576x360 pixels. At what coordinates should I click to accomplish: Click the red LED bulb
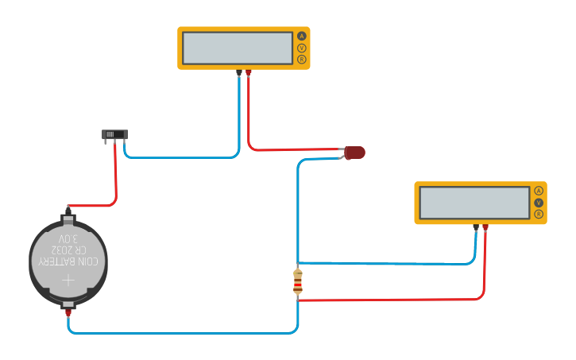354,153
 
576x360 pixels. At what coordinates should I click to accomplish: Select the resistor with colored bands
298,281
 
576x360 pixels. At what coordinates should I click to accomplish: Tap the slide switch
114,134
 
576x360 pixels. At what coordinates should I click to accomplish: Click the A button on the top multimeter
302,36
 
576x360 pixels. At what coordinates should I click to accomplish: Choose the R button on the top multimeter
302,60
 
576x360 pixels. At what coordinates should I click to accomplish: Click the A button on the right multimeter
539,191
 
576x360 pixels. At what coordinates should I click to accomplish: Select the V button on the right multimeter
539,203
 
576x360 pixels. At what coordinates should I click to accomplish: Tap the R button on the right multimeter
539,215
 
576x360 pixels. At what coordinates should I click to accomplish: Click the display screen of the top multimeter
238,48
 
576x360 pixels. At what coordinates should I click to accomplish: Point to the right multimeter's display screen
474,203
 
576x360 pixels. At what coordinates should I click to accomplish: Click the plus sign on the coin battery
68,280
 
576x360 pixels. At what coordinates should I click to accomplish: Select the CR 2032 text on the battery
68,250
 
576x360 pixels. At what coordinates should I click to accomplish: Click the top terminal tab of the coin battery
68,218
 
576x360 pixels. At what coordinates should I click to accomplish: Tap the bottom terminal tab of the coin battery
68,304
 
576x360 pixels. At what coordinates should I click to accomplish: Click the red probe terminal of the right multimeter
485,227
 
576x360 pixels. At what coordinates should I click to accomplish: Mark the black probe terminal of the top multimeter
239,72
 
